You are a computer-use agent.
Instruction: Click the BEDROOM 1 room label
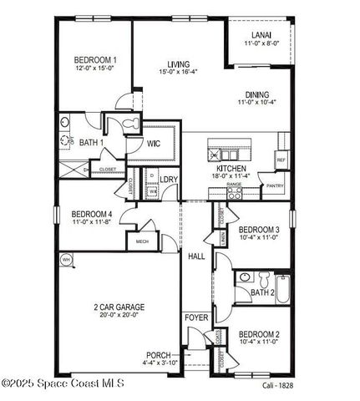[x=95, y=60]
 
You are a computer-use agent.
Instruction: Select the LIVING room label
[x=178, y=64]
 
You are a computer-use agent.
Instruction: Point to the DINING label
[x=257, y=94]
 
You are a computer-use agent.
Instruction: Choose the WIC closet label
[x=153, y=144]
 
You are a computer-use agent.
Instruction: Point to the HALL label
[x=196, y=256]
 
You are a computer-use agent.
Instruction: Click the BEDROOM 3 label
[x=258, y=230]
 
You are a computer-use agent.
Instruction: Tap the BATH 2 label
[x=262, y=292]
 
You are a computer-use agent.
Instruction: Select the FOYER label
[x=195, y=318]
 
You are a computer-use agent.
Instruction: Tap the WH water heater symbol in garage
[x=66, y=260]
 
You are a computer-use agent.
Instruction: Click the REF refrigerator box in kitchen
[x=281, y=160]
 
